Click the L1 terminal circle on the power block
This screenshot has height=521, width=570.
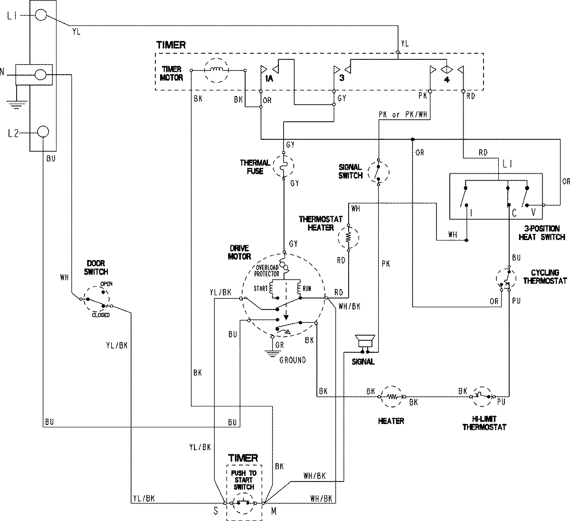[x=41, y=16]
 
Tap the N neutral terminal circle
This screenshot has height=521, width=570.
[x=41, y=75]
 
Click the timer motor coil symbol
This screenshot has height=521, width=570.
[x=216, y=70]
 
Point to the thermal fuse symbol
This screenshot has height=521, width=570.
[x=284, y=166]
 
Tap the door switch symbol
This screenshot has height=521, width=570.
[x=97, y=299]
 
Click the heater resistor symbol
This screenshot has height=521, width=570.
[x=391, y=396]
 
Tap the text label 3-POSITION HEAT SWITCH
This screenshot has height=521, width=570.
[x=541, y=233]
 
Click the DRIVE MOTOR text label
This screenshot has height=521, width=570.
[x=240, y=252]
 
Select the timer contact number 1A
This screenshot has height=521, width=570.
[x=269, y=78]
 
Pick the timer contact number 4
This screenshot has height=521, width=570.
[x=446, y=78]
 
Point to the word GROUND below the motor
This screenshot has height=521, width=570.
[x=292, y=360]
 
